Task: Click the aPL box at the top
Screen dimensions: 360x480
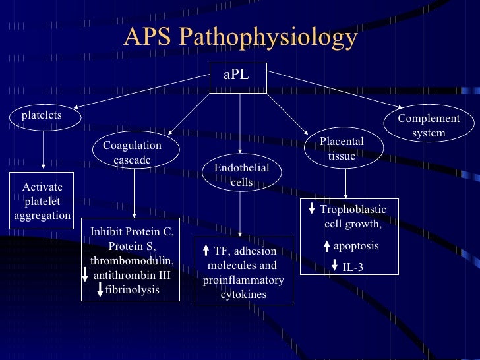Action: [237, 75]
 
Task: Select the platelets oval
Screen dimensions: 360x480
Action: [42, 116]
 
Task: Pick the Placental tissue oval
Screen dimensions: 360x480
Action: [342, 149]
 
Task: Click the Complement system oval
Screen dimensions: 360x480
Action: [429, 125]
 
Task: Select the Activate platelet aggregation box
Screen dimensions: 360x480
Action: [42, 201]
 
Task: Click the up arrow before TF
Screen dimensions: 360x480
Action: [206, 251]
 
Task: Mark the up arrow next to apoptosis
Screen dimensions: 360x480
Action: [326, 247]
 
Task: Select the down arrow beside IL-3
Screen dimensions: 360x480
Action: [335, 267]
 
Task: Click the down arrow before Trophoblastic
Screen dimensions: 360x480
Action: [312, 210]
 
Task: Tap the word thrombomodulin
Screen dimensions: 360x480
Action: [131, 260]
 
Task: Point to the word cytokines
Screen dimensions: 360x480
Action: [243, 294]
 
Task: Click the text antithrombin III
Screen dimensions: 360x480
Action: [133, 275]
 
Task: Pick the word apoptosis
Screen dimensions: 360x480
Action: [356, 246]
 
